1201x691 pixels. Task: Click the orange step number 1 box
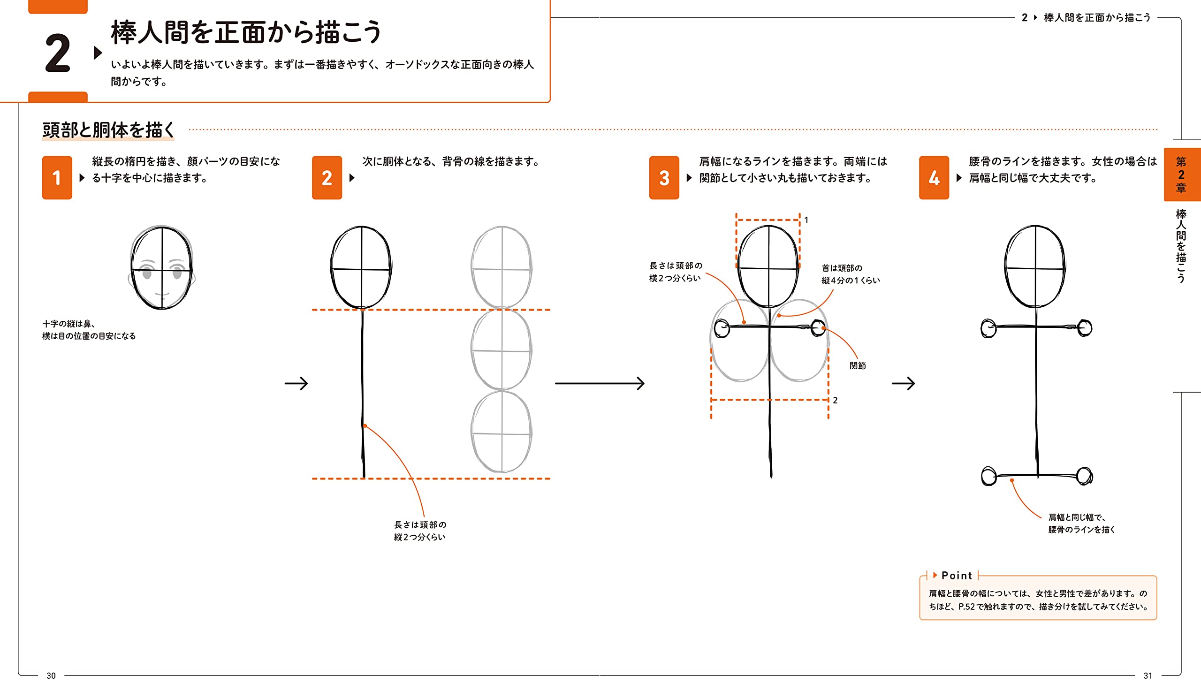(57, 177)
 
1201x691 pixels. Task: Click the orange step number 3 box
(664, 177)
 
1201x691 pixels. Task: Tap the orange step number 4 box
(934, 177)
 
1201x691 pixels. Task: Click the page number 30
(51, 676)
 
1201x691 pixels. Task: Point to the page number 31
(1148, 676)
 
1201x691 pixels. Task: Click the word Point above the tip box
(956, 575)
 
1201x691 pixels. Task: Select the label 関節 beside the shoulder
(857, 365)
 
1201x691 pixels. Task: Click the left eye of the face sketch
(147, 273)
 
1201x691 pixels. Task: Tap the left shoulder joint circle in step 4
(988, 328)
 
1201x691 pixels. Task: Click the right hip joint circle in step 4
(1084, 476)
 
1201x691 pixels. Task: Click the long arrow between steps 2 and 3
(599, 383)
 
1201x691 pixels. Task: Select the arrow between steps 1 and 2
(296, 383)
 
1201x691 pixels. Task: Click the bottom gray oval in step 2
(501, 432)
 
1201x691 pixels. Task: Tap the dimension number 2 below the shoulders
(835, 400)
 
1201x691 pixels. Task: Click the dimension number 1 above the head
(806, 220)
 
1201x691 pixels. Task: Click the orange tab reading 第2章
(1181, 174)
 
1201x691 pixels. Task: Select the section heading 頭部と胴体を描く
(108, 129)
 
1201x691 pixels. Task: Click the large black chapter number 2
(57, 53)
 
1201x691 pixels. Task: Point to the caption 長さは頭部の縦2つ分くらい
(419, 531)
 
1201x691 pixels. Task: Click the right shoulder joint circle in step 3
(818, 327)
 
